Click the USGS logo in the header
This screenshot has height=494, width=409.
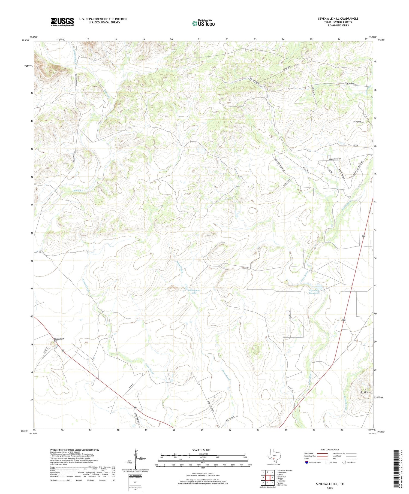pyautogui.click(x=62, y=22)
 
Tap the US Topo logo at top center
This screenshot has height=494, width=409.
pyautogui.click(x=203, y=23)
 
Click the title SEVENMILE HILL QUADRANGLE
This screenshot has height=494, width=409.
pyautogui.click(x=338, y=19)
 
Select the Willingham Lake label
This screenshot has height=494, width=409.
pyautogui.click(x=194, y=292)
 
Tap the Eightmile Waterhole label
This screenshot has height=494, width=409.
pyautogui.click(x=314, y=292)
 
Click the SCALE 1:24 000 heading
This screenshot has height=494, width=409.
pyautogui.click(x=203, y=450)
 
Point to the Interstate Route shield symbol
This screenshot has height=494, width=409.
pyautogui.click(x=307, y=462)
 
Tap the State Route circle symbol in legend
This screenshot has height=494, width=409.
pyautogui.click(x=344, y=462)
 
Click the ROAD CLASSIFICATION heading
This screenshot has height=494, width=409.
pyautogui.click(x=330, y=450)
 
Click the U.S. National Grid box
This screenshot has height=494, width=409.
pyautogui.click(x=135, y=481)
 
